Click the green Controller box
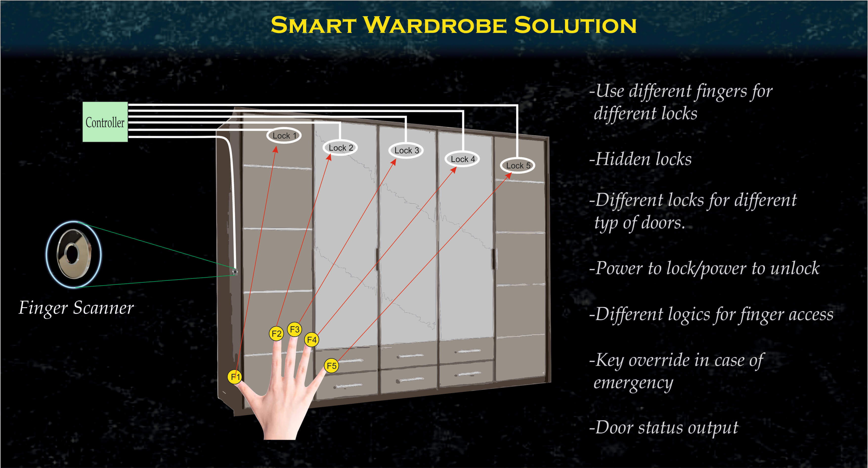[105, 122]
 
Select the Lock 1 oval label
[284, 136]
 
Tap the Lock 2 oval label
[340, 148]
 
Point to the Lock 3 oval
[406, 150]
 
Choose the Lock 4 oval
[462, 159]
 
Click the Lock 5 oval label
[518, 165]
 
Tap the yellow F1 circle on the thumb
[235, 377]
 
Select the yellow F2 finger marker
[276, 333]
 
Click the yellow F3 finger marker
[295, 329]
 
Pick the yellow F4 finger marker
[312, 340]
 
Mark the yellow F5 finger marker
[332, 366]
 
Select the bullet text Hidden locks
[640, 159]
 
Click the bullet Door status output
[664, 427]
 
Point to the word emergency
[633, 383]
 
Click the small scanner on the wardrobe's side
[235, 272]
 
